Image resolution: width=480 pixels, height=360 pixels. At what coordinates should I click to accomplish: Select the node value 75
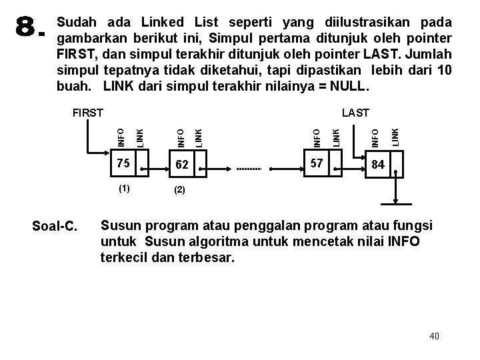tap(121, 163)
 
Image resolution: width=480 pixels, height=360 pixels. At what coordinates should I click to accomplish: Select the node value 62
tap(181, 165)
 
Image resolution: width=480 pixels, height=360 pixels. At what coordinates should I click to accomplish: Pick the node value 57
tap(317, 163)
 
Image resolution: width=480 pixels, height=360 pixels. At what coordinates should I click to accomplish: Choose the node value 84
tap(378, 165)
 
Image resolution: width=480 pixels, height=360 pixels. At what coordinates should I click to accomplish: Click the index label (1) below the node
tap(124, 188)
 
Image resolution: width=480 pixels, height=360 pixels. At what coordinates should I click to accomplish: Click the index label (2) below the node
tap(179, 189)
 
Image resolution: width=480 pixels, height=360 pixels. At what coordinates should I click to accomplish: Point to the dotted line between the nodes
tap(250, 169)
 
